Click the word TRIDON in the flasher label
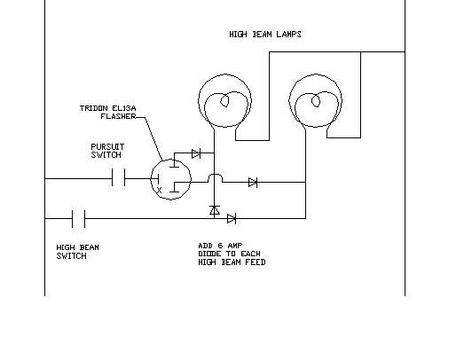[94, 108]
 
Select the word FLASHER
[118, 116]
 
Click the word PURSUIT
[107, 147]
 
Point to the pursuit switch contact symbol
[118, 177]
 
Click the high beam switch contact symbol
[79, 219]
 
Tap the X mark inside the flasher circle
[159, 190]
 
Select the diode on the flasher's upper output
[196, 153]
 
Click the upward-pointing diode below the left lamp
[215, 210]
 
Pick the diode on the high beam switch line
[232, 219]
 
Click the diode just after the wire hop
[253, 182]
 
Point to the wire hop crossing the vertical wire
[216, 177]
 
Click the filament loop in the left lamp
[224, 101]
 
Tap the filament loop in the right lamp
[316, 100]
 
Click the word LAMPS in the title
[288, 34]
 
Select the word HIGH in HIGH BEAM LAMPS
[238, 34]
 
